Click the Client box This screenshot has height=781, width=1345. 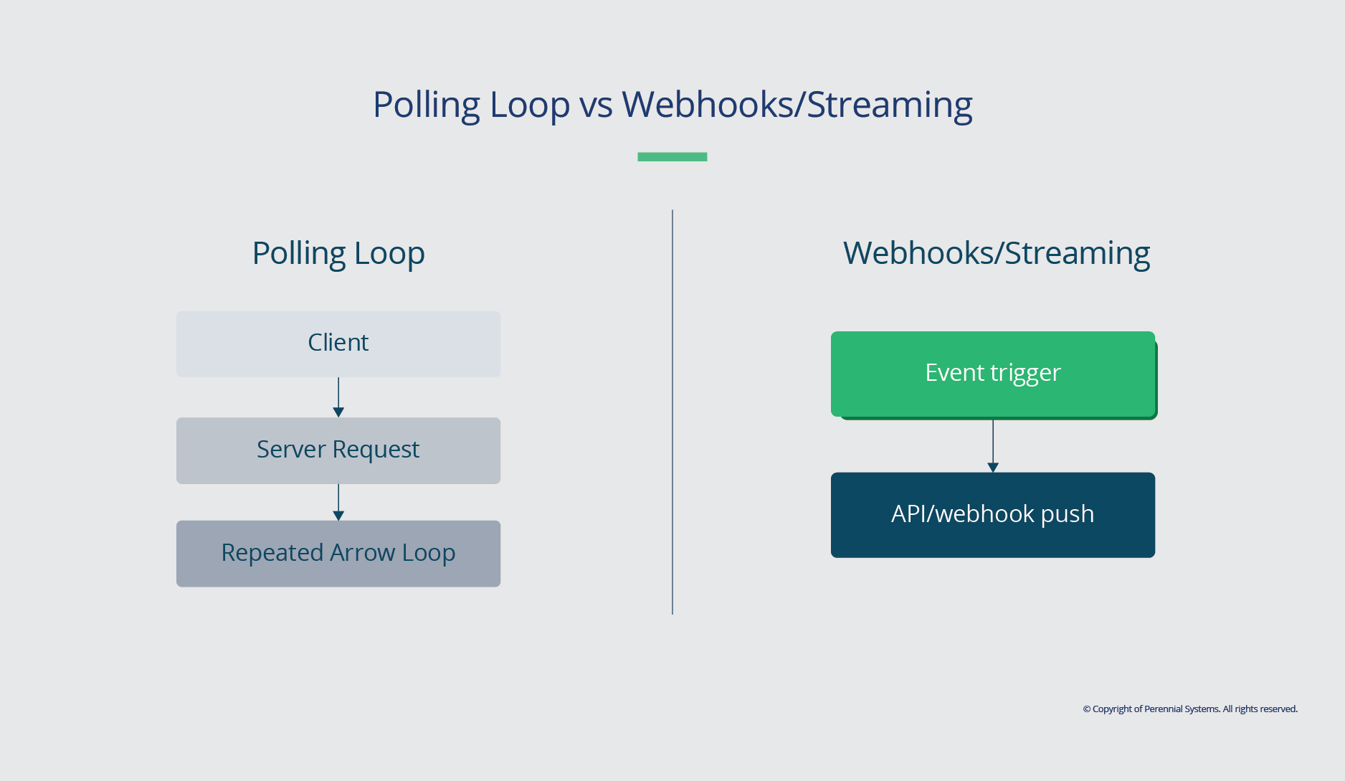(338, 344)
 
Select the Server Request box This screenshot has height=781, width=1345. (338, 450)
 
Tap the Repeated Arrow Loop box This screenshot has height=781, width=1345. (338, 554)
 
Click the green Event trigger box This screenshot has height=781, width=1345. (992, 373)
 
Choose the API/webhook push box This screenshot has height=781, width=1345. (992, 514)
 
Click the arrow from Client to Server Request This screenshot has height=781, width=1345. (338, 397)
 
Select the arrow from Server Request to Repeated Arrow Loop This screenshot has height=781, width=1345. (338, 502)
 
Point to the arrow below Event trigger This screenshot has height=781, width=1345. (993, 445)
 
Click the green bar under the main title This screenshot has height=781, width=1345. (672, 156)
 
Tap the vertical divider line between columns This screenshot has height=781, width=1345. (672, 412)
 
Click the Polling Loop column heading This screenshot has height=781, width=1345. (338, 253)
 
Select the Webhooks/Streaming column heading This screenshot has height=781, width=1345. (996, 253)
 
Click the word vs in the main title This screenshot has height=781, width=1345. (596, 105)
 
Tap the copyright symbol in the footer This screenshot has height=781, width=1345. (1086, 709)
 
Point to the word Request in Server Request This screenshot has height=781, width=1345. (376, 450)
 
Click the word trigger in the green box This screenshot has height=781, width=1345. (1025, 373)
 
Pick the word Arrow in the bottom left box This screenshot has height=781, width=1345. (362, 553)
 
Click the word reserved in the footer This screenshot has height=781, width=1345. (1278, 709)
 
